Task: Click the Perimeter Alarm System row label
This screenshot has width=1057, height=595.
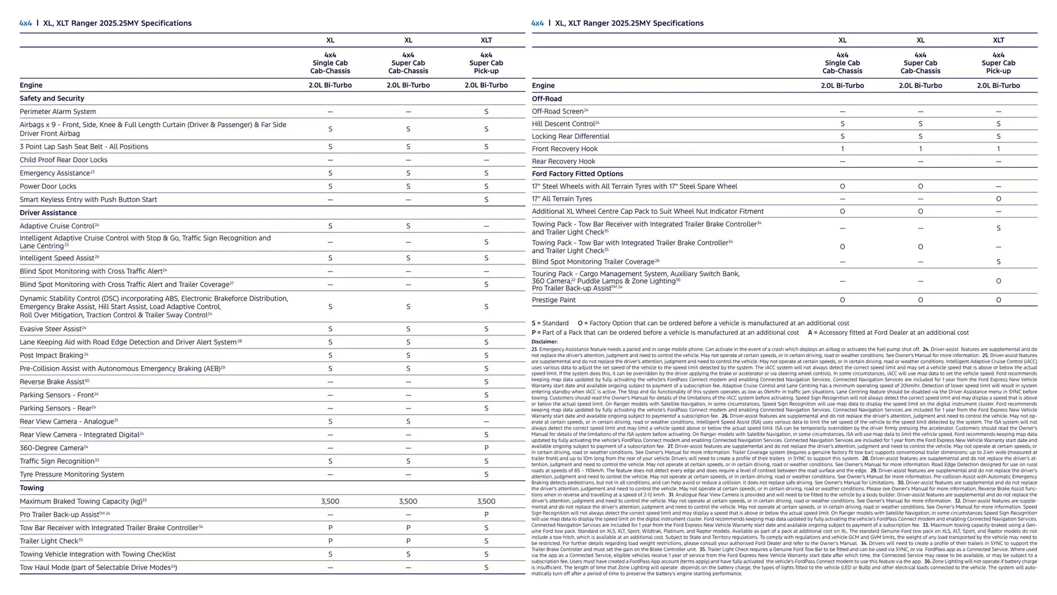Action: (58, 112)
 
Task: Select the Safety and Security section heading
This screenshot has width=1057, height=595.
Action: (52, 99)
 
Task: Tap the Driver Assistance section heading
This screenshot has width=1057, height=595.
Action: (48, 213)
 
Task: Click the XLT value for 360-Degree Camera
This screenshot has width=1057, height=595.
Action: (486, 448)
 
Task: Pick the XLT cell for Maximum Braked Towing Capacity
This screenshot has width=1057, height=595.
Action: (486, 501)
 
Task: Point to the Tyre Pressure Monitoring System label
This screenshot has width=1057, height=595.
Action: (72, 474)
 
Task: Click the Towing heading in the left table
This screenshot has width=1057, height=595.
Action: (31, 488)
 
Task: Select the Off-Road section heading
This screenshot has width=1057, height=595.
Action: (547, 99)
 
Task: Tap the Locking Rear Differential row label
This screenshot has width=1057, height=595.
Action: (570, 137)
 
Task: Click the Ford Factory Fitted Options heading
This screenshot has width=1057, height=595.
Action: (577, 174)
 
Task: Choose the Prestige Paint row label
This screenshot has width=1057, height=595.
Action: (553, 300)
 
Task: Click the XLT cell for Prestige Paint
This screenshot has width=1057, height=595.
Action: (998, 300)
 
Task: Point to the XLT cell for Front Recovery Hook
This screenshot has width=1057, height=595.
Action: (998, 149)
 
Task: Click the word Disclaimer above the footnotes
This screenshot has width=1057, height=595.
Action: (544, 342)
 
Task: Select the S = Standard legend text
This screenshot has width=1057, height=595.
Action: (550, 323)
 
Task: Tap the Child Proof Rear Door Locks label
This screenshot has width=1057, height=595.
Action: (63, 160)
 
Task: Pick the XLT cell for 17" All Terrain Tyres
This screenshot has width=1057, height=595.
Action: (998, 199)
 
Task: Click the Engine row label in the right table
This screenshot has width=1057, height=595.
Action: (543, 86)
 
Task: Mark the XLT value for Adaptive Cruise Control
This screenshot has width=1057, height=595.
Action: (486, 226)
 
